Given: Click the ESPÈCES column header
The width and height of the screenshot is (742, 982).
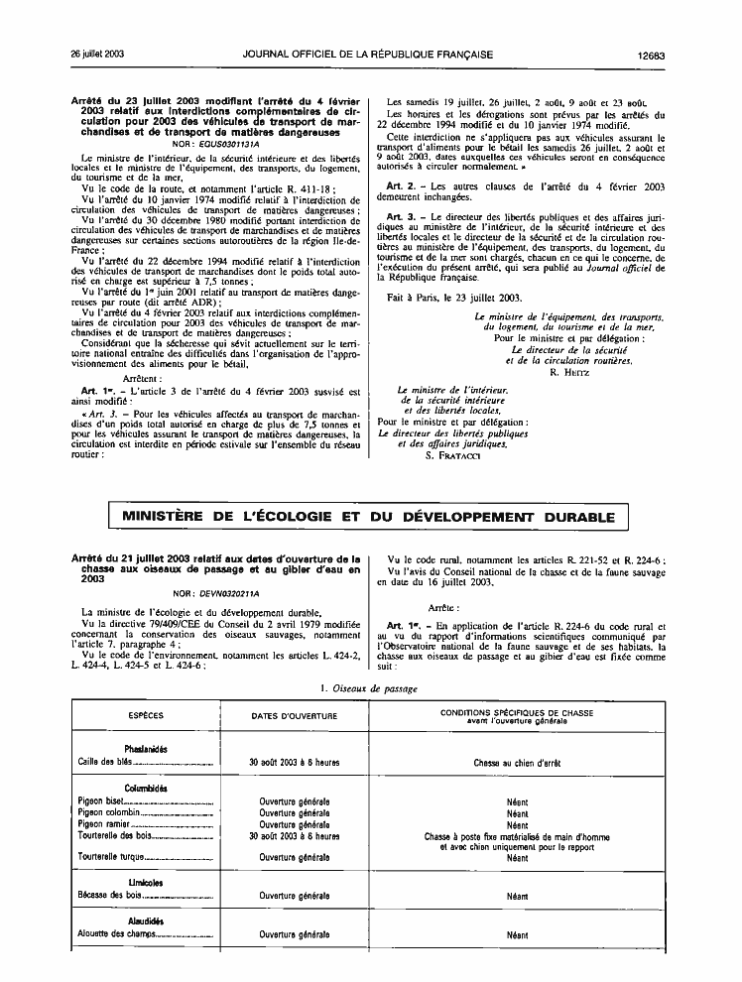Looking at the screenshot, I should point(147,715).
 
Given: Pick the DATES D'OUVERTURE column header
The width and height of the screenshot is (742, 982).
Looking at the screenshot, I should point(294,715).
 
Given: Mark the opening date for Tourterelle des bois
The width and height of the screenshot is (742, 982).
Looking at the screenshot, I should point(294,836).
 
